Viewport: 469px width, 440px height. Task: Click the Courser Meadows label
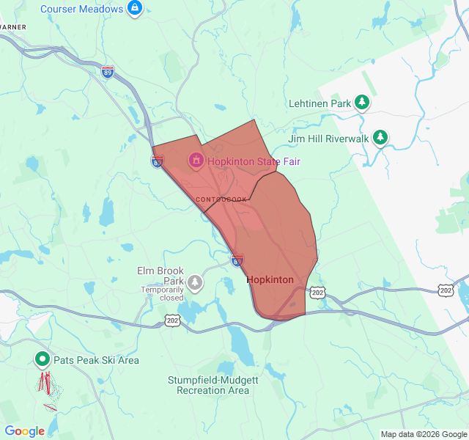81,9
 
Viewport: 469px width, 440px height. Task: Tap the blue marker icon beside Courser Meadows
135,8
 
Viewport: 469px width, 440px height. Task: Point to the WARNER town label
13,27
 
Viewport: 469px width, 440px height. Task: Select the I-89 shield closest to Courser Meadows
108,73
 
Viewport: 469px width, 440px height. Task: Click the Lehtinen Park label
320,103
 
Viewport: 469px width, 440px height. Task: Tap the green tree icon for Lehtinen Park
361,103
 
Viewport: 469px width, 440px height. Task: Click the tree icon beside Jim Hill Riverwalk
380,137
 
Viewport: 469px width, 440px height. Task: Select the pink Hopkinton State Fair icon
196,160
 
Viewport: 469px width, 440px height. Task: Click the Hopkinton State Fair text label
254,161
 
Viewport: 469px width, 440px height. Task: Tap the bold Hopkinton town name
270,280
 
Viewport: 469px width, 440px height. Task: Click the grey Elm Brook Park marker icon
195,282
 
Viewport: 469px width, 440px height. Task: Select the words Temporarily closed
162,294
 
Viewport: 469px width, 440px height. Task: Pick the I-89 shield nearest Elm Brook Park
237,260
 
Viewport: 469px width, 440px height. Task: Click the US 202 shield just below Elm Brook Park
173,320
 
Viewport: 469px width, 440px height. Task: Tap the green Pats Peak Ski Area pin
43,359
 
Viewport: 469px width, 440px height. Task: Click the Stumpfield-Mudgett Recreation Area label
213,385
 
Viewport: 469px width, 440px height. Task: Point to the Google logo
24,431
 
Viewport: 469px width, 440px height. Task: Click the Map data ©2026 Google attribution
423,434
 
